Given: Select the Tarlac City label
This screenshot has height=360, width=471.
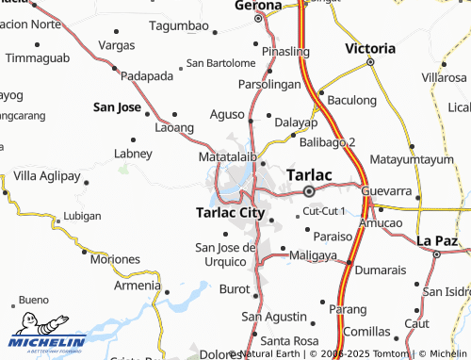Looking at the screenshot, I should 229,213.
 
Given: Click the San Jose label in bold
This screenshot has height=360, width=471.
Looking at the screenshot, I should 117,107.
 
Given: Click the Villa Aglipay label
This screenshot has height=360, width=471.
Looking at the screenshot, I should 47,175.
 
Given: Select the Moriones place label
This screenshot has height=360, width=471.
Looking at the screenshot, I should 115,259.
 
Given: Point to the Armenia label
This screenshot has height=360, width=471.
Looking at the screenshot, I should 137,286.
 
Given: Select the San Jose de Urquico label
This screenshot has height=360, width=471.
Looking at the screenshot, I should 225,254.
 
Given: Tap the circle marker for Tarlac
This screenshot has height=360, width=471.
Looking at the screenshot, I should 308,192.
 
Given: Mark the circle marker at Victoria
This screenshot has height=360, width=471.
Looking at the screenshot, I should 370,62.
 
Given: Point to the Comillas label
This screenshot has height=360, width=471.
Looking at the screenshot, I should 366,332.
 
